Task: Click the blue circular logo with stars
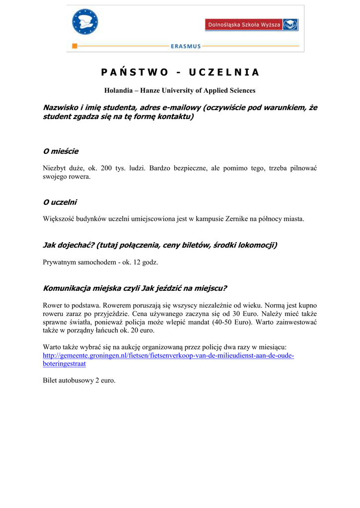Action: tap(85, 22)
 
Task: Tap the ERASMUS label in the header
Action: tap(186, 46)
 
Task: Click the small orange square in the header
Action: tap(74, 46)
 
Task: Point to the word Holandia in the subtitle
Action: tap(118, 90)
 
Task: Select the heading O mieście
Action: tap(61, 151)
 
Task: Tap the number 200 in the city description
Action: tap(106, 168)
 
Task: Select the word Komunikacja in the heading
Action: tap(67, 288)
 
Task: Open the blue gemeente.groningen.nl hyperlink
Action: tap(168, 356)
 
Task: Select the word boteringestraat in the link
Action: tap(64, 364)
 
